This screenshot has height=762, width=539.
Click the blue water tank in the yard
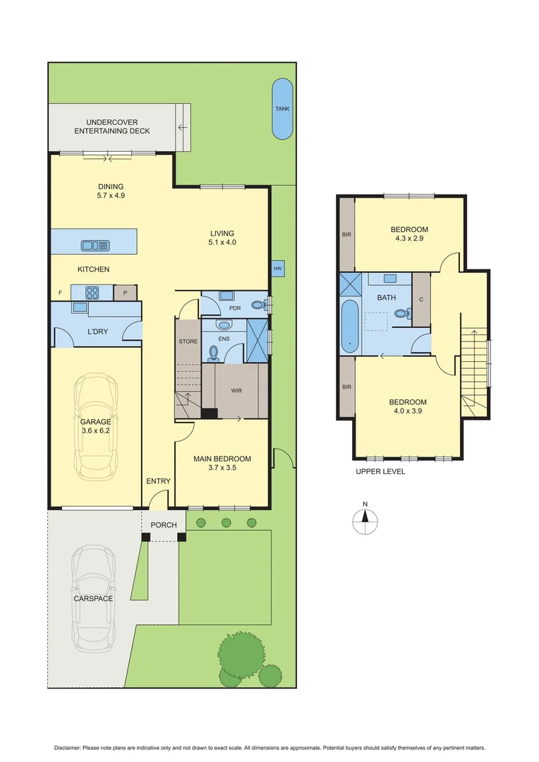tap(282, 109)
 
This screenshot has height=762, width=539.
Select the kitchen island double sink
tap(91, 246)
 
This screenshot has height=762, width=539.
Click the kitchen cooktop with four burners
tap(94, 291)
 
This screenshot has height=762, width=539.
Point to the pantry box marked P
tap(125, 291)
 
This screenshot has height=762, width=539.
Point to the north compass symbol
tap(365, 521)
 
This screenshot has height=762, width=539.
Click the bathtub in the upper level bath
tap(350, 327)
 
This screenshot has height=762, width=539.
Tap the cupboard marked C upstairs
tap(420, 299)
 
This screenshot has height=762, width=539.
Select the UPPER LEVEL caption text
tap(380, 471)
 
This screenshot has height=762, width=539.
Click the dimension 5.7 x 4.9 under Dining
tap(111, 196)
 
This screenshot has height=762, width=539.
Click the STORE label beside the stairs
tap(188, 341)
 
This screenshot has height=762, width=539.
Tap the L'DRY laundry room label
tap(97, 331)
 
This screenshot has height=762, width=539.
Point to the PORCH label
tap(164, 525)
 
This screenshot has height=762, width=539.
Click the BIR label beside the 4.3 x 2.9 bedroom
tap(346, 234)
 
